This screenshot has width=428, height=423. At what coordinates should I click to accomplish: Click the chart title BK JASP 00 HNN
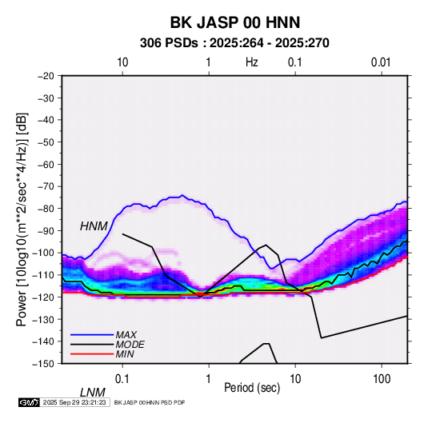click(235, 22)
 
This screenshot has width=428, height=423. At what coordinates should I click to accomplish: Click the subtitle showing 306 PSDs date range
click(234, 43)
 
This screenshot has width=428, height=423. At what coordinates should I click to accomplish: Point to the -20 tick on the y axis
click(46, 76)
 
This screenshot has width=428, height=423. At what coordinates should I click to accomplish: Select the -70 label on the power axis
click(46, 186)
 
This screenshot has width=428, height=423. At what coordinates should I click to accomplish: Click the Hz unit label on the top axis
click(252, 62)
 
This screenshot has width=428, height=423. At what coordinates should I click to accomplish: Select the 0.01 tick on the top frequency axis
click(381, 62)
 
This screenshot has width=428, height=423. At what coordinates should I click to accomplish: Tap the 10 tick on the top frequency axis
click(122, 62)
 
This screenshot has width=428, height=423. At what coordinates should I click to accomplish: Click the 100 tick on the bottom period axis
click(382, 379)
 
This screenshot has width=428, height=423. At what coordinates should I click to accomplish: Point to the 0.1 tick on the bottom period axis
click(122, 379)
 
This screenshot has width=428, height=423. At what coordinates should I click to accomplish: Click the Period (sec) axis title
click(252, 388)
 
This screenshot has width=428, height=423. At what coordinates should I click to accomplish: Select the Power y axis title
click(22, 220)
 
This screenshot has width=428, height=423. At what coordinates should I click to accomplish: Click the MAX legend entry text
click(126, 335)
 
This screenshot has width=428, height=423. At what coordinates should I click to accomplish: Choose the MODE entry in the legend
click(130, 345)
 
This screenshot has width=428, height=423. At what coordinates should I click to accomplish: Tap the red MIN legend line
click(92, 354)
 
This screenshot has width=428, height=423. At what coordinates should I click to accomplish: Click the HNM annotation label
click(94, 226)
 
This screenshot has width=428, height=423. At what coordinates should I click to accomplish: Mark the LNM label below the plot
click(93, 393)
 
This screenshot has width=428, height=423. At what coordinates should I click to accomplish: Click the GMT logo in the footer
click(30, 402)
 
